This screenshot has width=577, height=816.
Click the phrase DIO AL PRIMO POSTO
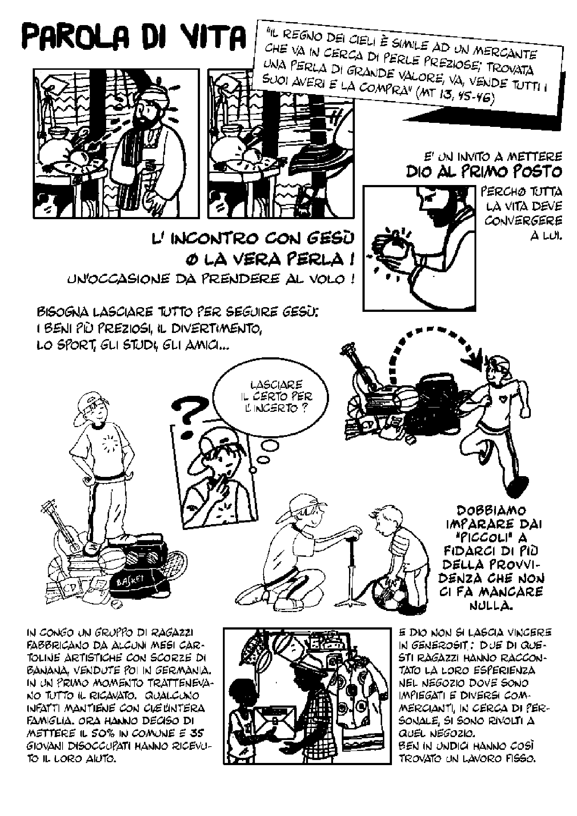pos(484,172)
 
